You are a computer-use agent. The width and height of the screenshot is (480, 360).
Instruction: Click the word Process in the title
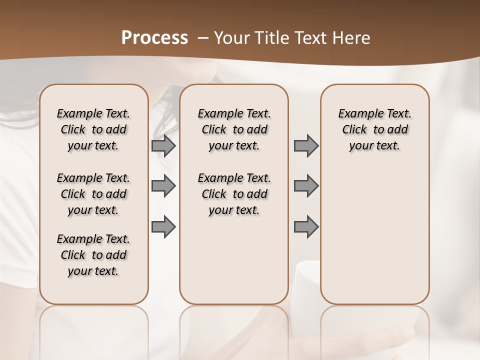(154, 37)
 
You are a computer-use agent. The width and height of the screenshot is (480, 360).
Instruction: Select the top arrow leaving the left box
(163, 145)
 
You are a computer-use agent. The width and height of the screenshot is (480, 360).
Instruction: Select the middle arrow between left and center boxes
(163, 186)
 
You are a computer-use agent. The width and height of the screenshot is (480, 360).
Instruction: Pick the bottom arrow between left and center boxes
(163, 226)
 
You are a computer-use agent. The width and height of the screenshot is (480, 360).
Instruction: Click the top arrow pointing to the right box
(306, 145)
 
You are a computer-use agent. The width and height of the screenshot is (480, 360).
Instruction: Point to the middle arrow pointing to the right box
(306, 186)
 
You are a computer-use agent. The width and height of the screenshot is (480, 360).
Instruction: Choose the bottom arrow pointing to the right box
(306, 226)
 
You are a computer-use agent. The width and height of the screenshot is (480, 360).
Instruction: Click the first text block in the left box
(93, 129)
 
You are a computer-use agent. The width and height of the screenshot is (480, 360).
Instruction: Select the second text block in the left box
(93, 194)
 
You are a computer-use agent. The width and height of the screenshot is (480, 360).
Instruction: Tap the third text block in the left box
(93, 255)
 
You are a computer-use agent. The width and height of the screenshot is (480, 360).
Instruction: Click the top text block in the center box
(234, 129)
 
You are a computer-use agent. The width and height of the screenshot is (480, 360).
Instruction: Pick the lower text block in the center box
(234, 194)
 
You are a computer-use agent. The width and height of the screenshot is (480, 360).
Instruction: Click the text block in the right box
(374, 129)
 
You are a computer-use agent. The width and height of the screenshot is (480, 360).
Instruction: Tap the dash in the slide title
(203, 38)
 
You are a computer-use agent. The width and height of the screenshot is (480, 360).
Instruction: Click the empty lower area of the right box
(374, 235)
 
